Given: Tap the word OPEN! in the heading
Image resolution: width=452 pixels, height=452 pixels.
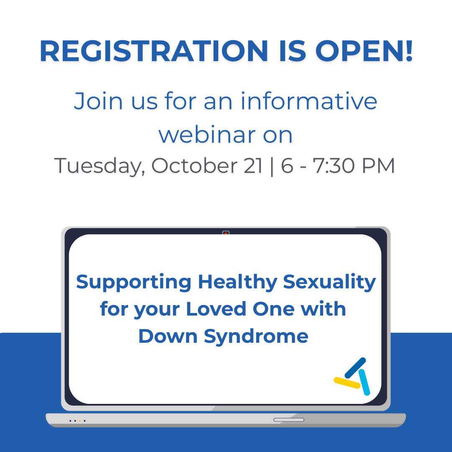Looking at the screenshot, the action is click(x=365, y=51).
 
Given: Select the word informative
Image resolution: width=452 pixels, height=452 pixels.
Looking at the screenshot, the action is click(x=309, y=101).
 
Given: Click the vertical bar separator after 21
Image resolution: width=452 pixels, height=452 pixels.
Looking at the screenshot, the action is click(x=272, y=166).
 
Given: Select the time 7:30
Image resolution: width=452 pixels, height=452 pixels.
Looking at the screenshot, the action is click(x=334, y=166).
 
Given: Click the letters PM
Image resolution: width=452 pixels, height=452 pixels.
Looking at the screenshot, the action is click(x=378, y=166).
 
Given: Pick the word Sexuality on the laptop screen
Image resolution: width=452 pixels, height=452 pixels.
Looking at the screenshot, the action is click(x=329, y=282).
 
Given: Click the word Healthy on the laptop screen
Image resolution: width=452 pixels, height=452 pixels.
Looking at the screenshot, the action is click(x=238, y=282).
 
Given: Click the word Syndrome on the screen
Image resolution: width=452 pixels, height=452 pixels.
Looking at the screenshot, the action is click(x=256, y=336).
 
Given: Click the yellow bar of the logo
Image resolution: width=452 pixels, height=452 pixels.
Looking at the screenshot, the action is click(x=347, y=383).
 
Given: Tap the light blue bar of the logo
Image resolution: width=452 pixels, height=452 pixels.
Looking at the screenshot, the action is click(x=364, y=382).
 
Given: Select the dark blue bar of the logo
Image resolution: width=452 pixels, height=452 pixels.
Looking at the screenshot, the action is click(x=355, y=368).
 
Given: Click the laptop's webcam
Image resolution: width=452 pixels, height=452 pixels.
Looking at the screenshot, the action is click(x=226, y=233).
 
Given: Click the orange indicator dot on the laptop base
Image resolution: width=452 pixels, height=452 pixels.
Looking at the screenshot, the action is click(x=80, y=421).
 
